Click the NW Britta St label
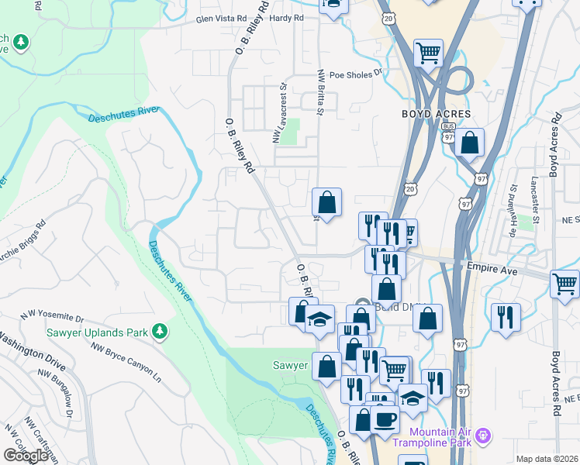pyautogui.click(x=319, y=92)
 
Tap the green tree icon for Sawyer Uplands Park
pyautogui.click(x=161, y=332)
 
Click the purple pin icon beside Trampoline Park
pyautogui.click(x=483, y=436)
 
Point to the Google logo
pyautogui.click(x=26, y=455)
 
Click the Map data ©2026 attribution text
pyautogui.click(x=547, y=459)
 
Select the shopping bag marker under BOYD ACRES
pyautogui.click(x=469, y=143)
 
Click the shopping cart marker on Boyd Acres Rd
pyautogui.click(x=564, y=284)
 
